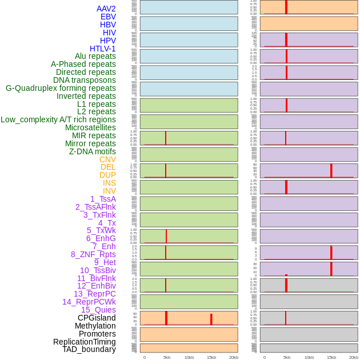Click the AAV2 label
point(106,9)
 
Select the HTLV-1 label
point(103,49)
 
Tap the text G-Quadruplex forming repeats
point(61,88)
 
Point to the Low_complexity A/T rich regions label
point(58,119)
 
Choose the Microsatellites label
point(90,127)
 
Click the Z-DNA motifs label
point(93,151)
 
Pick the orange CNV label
point(107,159)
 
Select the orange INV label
point(109,191)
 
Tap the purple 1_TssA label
point(103,199)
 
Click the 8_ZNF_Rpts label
point(93,254)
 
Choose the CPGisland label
point(97,318)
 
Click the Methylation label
point(95,326)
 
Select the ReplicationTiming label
point(85,342)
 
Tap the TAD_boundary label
point(89,349)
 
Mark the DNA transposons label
point(85,80)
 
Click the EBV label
point(108,17)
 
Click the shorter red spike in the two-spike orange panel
point(211,319)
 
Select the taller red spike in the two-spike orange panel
point(166,318)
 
